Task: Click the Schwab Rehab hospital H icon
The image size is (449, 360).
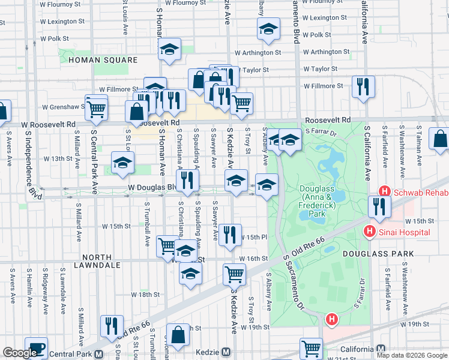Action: click(x=385, y=192)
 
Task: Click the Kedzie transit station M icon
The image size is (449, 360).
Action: click(x=226, y=352)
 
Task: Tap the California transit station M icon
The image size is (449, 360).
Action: click(x=380, y=350)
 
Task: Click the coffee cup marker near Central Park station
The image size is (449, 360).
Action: click(x=36, y=349)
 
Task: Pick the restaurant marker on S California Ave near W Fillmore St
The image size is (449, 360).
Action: click(x=363, y=86)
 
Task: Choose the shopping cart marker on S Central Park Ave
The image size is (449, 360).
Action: click(x=96, y=109)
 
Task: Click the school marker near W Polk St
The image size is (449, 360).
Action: click(x=268, y=28)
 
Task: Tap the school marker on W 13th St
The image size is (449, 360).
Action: click(x=122, y=162)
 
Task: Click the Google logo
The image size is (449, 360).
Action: click(x=20, y=353)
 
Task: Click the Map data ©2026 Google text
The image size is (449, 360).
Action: click(x=411, y=355)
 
